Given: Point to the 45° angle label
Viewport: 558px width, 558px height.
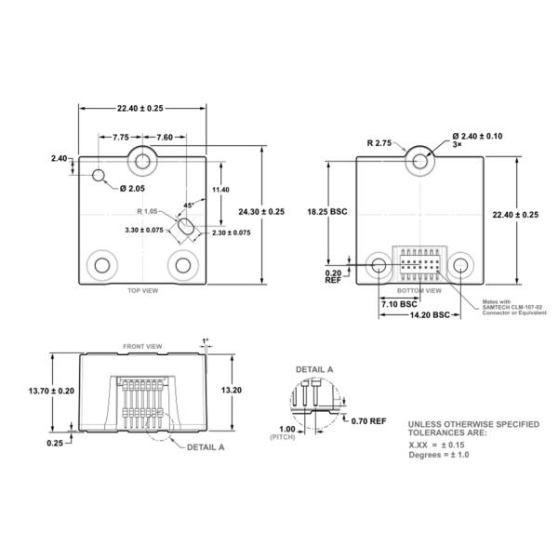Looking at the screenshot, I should pyautogui.click(x=189, y=205).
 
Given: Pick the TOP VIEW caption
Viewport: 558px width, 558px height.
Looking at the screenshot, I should pyautogui.click(x=142, y=291).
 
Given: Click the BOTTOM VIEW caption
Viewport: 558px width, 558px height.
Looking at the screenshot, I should pyautogui.click(x=419, y=291).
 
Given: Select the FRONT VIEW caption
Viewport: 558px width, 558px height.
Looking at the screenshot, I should pyautogui.click(x=142, y=346).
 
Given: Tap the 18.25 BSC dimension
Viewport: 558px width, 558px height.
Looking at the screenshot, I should pyautogui.click(x=326, y=212).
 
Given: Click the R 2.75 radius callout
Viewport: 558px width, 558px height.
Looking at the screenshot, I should pyautogui.click(x=379, y=143).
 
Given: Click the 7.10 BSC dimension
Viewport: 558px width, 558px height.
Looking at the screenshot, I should pyautogui.click(x=397, y=303).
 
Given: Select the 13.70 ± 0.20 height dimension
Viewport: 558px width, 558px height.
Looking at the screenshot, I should pyautogui.click(x=52, y=391).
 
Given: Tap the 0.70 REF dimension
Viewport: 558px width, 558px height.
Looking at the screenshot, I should pyautogui.click(x=368, y=420).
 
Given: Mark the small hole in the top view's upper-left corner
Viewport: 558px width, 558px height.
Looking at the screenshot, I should pyautogui.click(x=99, y=175).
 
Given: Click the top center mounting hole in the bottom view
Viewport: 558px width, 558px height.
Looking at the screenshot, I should pyautogui.click(x=421, y=161).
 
